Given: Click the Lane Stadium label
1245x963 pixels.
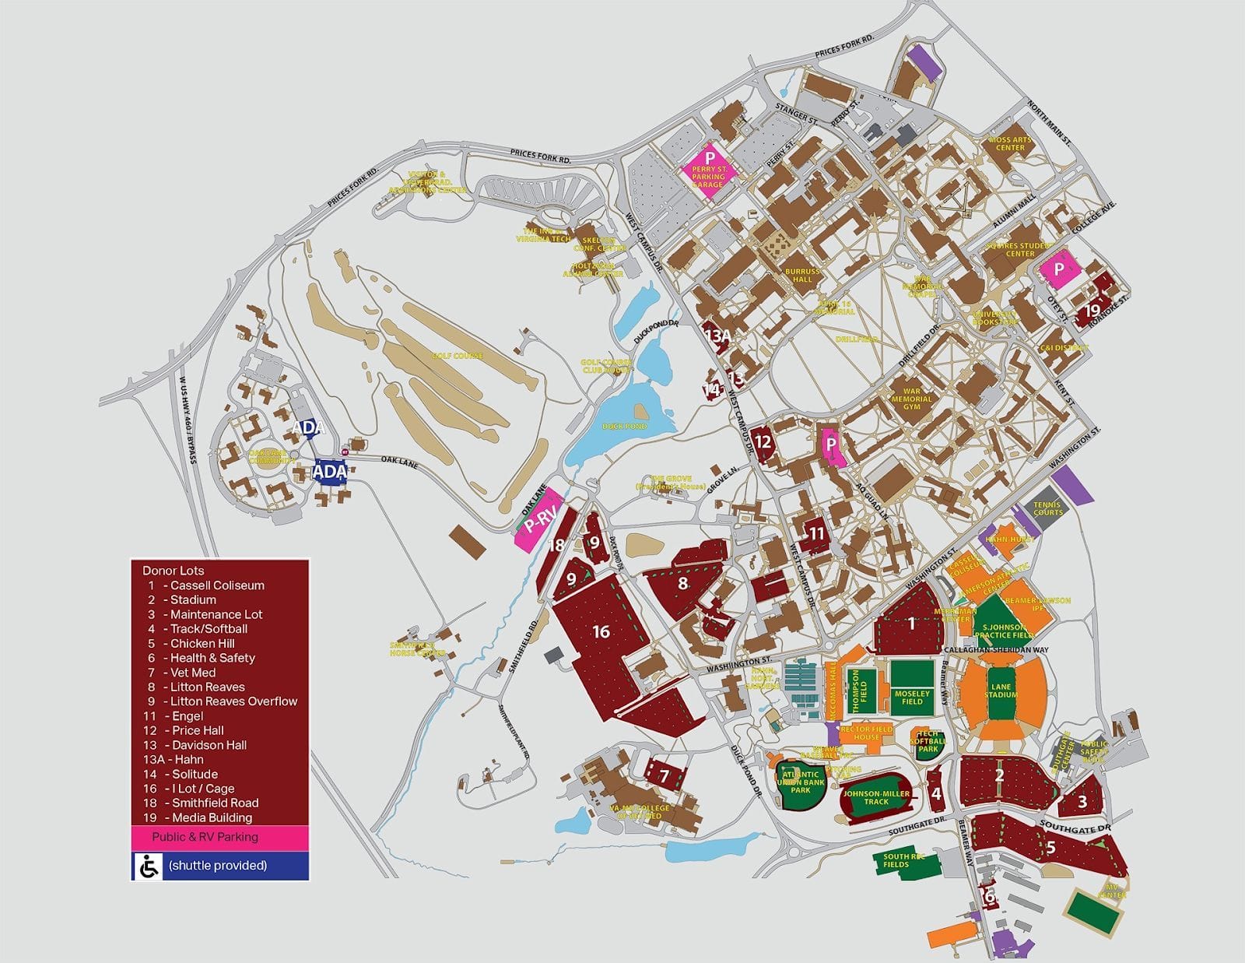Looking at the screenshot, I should (x=1001, y=691).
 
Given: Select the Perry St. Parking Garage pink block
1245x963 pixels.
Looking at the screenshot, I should (x=708, y=167).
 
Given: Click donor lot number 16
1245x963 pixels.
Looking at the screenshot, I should (x=601, y=631).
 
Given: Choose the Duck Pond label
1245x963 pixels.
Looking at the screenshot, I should (x=624, y=427).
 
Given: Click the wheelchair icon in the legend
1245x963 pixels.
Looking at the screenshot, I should (x=148, y=866).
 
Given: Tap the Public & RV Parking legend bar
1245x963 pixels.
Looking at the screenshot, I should (x=219, y=837).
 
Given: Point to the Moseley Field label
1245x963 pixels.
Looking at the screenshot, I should (x=912, y=697).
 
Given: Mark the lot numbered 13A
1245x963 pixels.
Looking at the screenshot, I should (x=717, y=336).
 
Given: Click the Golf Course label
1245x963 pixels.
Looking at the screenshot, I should (x=458, y=356).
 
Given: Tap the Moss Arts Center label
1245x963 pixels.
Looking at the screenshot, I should (x=1010, y=143).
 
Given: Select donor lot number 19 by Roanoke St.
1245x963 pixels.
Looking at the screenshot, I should (x=1091, y=310).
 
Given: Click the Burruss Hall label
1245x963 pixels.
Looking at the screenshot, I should (x=802, y=276).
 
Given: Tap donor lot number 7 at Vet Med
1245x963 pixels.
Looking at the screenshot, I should (x=664, y=775).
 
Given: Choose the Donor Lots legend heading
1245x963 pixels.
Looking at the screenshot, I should (x=173, y=571).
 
